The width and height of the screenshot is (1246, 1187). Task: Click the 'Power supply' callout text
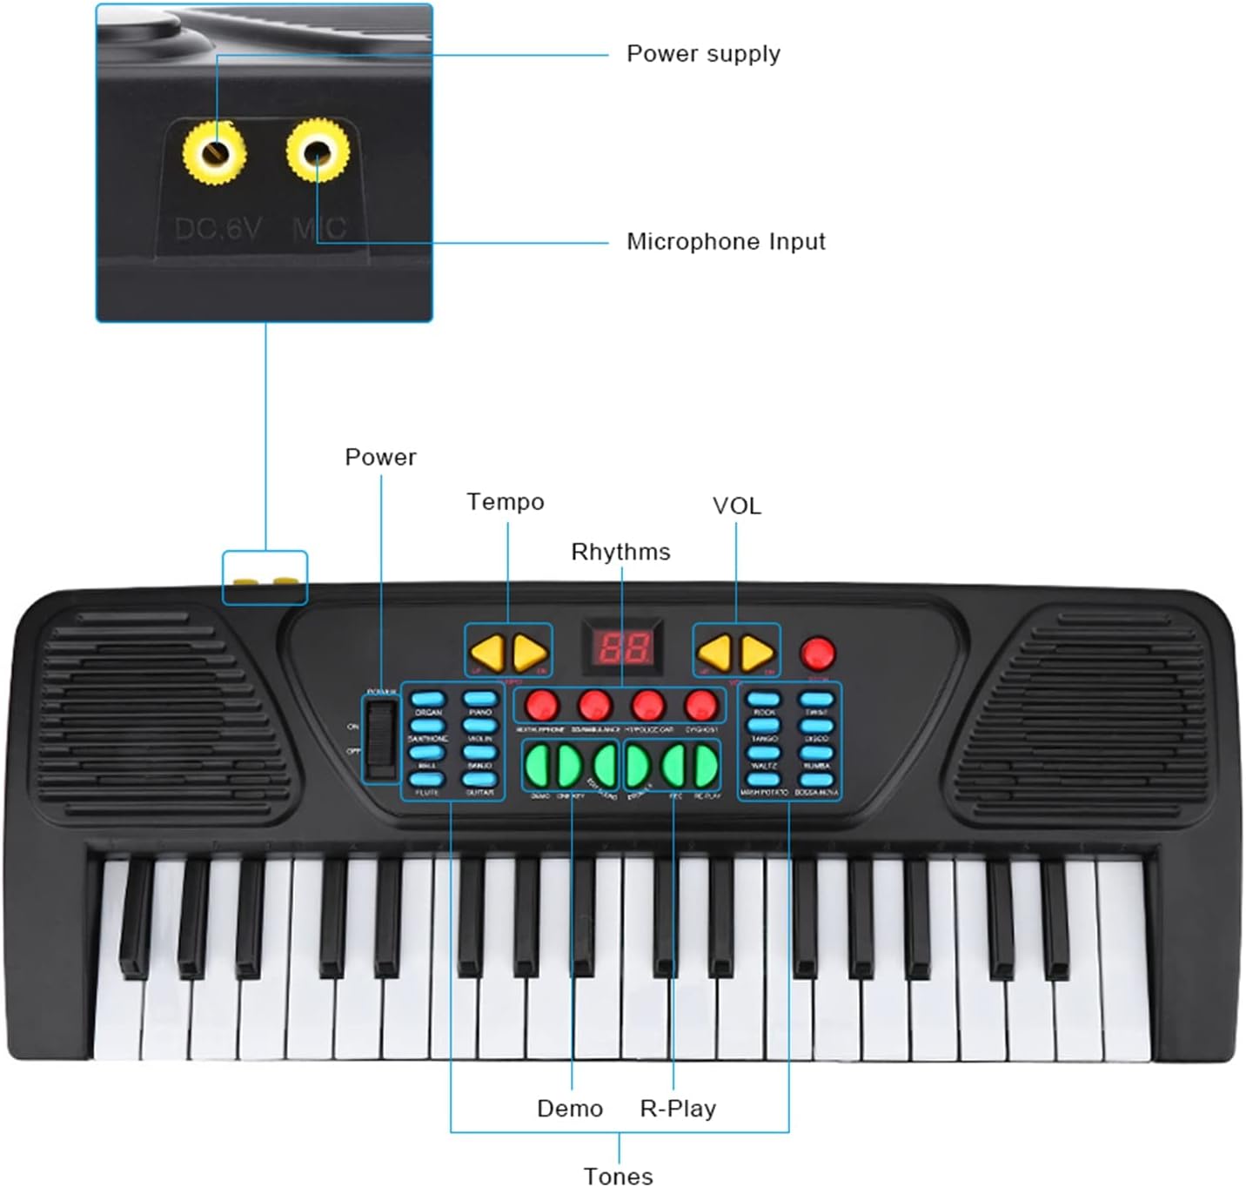703,54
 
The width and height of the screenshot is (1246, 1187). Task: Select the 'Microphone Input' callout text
726,242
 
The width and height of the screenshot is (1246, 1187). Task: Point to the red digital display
623,647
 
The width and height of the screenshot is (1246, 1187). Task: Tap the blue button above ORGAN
427,699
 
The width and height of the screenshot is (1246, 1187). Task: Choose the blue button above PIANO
479,699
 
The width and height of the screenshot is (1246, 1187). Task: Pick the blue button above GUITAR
479,780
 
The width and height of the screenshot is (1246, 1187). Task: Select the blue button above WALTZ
764,753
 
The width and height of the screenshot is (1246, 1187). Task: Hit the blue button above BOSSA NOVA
816,780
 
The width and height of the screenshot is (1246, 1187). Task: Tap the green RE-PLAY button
706,766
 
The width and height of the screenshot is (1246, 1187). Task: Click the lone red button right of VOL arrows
817,653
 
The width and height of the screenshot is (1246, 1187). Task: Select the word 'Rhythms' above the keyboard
620,552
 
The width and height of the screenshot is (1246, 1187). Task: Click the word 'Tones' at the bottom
618,1176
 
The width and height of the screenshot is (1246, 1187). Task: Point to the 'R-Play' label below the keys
678,1109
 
